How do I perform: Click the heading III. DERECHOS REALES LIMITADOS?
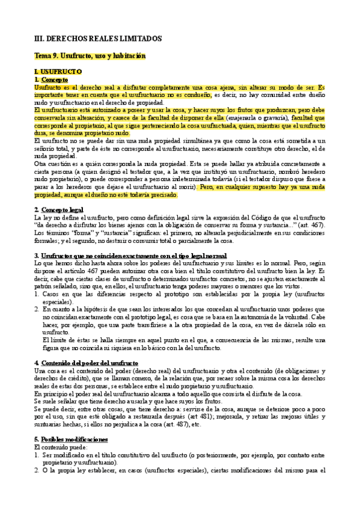point(98,38)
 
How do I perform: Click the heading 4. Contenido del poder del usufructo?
point(86,363)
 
